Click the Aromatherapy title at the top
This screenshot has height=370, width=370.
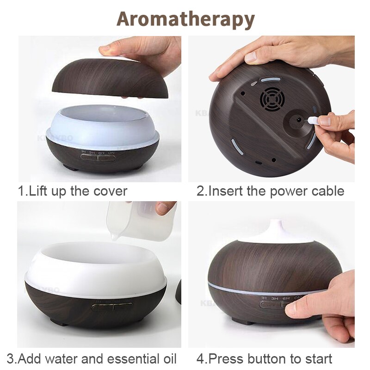[185, 19]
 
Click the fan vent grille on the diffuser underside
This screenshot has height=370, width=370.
[271, 98]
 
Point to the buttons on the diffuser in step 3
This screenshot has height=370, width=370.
[112, 307]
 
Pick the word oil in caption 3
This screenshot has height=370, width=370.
[168, 358]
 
